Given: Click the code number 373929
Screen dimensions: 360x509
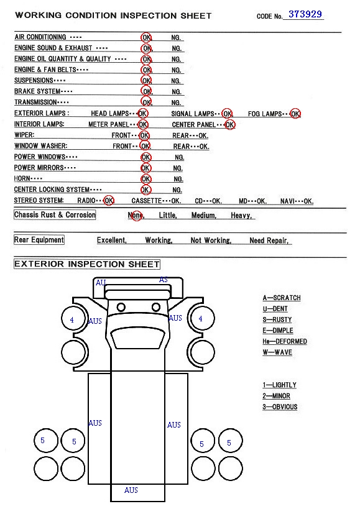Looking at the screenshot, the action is (305, 14).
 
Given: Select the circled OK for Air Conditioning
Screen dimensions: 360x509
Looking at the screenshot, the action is (146, 37).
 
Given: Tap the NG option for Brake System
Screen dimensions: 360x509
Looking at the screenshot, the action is (176, 92).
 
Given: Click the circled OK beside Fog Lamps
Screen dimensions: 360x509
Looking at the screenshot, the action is (295, 114).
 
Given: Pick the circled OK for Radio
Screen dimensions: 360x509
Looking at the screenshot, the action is (109, 201).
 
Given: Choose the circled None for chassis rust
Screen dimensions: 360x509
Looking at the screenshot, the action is (136, 215).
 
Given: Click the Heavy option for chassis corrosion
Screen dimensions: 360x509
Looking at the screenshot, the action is (241, 215).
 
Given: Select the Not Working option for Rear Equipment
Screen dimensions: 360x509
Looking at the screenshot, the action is (211, 241).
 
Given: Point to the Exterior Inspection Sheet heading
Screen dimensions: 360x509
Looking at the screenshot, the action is (86, 264).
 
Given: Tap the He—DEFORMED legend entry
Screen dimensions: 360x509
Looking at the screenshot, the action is (284, 341).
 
